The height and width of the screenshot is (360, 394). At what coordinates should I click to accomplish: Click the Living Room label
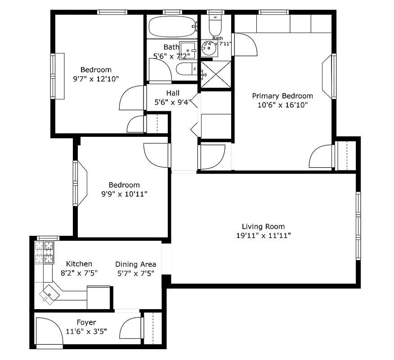pyautogui.click(x=263, y=227)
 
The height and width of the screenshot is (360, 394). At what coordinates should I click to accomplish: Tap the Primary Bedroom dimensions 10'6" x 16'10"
pyautogui.click(x=282, y=105)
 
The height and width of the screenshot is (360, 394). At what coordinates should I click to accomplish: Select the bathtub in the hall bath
pyautogui.click(x=172, y=27)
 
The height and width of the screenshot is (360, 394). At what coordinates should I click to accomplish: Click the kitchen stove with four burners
pyautogui.click(x=44, y=252)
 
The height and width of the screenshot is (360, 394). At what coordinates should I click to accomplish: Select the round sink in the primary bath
pyautogui.click(x=208, y=50)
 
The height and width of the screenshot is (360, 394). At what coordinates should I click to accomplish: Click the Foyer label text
pyautogui.click(x=86, y=322)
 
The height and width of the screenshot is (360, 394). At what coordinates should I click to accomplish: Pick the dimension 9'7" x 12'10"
pyautogui.click(x=96, y=79)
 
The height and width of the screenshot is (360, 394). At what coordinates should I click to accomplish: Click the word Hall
pyautogui.click(x=173, y=93)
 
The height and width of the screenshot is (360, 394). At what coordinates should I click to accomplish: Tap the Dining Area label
pyautogui.click(x=136, y=264)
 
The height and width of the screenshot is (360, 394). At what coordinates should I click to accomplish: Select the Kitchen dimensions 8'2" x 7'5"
pyautogui.click(x=79, y=273)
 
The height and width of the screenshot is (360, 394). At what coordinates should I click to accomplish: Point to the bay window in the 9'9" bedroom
pyautogui.click(x=81, y=183)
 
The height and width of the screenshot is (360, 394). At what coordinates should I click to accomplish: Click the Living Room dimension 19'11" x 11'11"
pyautogui.click(x=263, y=236)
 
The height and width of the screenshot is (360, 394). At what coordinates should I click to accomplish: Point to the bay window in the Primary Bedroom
pyautogui.click(x=329, y=76)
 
